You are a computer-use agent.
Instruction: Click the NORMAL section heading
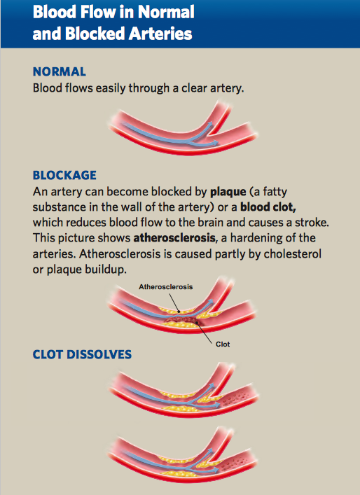(x=60, y=71)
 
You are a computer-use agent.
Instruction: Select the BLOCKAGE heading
(x=64, y=175)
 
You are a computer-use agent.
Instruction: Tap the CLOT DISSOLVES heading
(x=82, y=354)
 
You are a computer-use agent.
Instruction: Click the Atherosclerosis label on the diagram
(x=166, y=287)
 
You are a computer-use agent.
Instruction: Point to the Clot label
(x=223, y=344)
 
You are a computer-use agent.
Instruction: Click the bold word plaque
(x=228, y=193)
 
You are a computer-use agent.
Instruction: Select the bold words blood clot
(x=268, y=207)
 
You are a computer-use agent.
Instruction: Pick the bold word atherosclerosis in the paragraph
(x=174, y=238)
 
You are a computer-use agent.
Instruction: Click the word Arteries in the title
(x=160, y=34)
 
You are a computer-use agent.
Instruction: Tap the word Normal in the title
(x=166, y=12)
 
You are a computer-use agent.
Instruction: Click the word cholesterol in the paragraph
(x=293, y=253)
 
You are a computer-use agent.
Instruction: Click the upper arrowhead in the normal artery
(x=209, y=124)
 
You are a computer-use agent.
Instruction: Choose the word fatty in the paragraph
(x=275, y=193)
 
